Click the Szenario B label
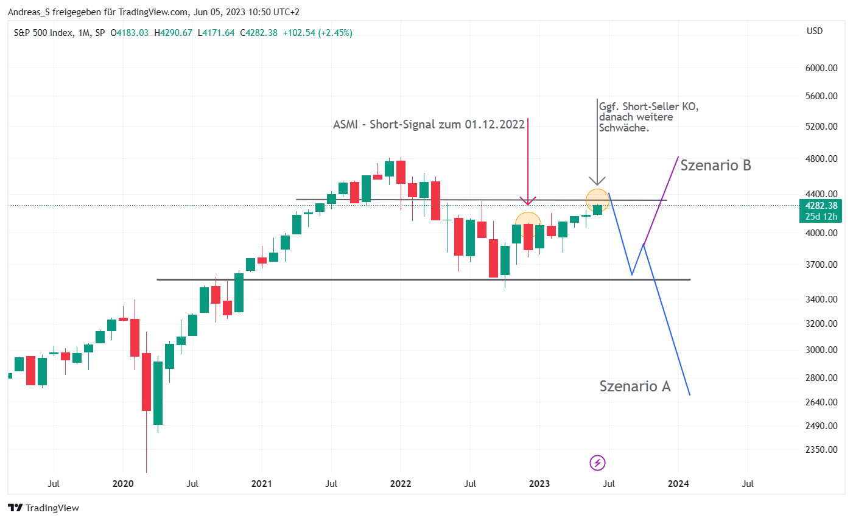tap(715, 166)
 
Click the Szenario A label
tap(634, 386)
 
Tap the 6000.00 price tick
tap(821, 68)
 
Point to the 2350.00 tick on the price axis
tap(821, 450)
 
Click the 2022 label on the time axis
tap(401, 484)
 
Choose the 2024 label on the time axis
tap(678, 484)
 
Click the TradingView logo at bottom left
tap(44, 508)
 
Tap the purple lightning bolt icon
tap(597, 463)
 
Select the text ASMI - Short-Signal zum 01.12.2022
tap(429, 125)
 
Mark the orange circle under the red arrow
tap(528, 225)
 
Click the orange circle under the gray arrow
tap(597, 200)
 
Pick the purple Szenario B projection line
tap(661, 200)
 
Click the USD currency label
tap(814, 31)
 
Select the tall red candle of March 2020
tap(146, 382)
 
